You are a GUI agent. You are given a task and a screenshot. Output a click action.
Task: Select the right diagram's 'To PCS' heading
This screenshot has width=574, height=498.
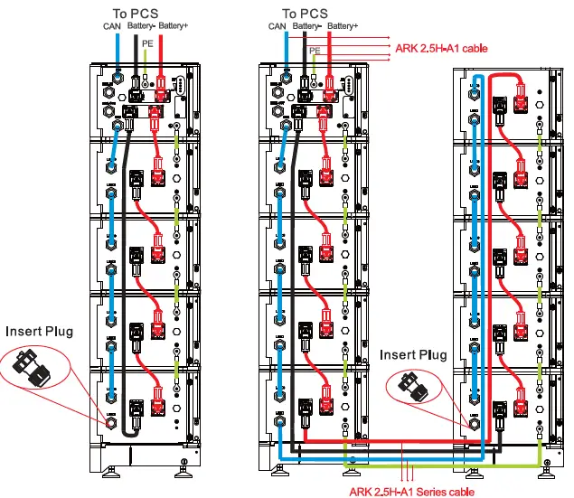[305, 13]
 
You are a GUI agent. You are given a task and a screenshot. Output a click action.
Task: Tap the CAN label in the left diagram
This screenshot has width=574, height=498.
[112, 26]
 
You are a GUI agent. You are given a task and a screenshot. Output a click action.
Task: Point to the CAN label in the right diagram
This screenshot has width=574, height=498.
[278, 26]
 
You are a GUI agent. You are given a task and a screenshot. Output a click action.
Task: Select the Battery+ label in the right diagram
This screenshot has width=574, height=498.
[341, 26]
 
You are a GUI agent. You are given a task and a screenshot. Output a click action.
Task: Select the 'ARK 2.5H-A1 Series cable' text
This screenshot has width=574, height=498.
[409, 492]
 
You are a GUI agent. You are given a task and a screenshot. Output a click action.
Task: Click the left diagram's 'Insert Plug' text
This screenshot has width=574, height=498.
[40, 331]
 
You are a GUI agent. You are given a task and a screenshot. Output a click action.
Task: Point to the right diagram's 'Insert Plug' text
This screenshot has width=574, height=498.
[413, 354]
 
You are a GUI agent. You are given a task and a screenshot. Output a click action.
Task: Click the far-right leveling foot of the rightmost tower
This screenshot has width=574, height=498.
[548, 467]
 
